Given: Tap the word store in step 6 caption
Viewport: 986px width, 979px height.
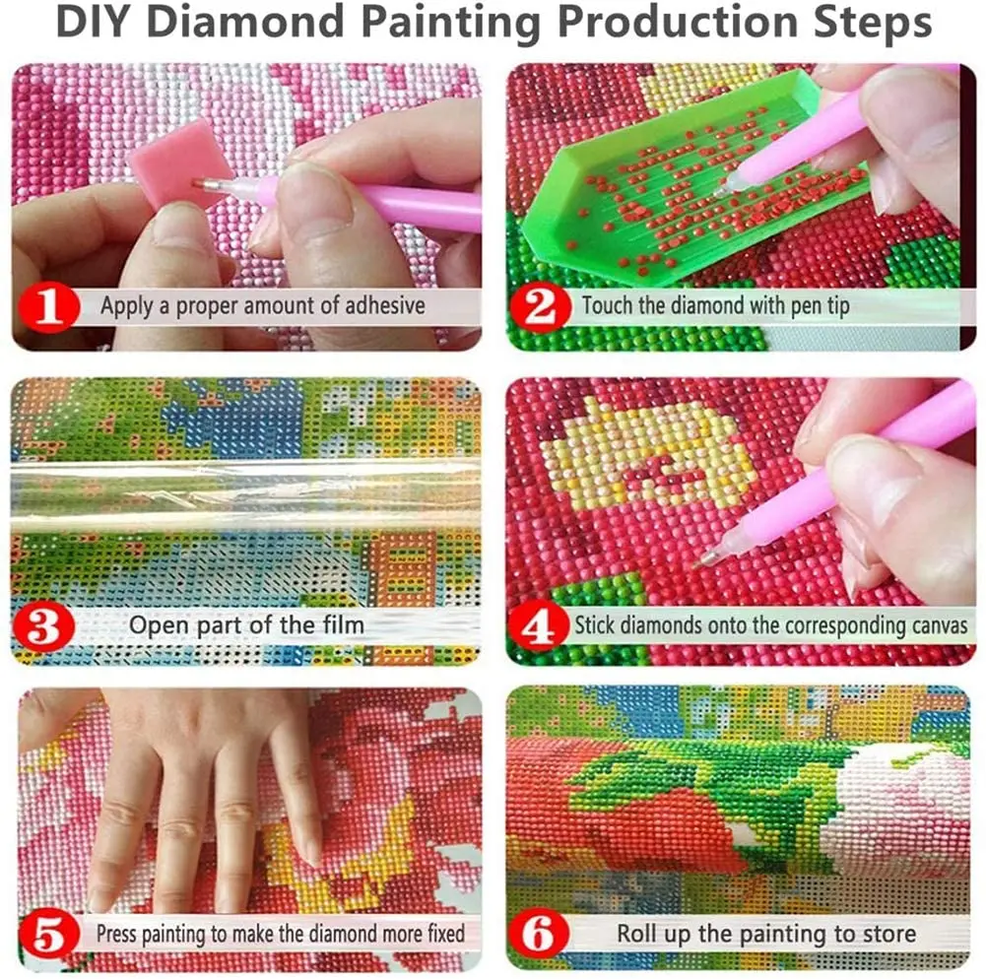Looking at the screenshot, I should [887, 932].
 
